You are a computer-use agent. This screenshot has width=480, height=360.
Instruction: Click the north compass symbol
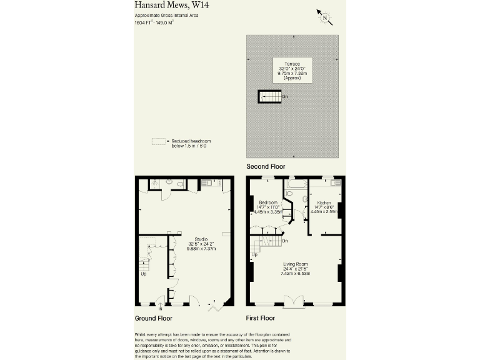(x=324, y=17)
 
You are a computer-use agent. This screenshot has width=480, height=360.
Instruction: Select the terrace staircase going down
(x=270, y=96)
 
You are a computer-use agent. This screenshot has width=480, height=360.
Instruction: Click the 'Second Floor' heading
(x=266, y=166)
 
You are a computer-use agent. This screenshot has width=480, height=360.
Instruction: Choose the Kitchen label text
(x=324, y=204)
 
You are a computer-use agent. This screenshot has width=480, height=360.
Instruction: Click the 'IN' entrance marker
(x=160, y=309)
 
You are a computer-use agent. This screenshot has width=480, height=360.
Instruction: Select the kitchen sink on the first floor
(x=336, y=182)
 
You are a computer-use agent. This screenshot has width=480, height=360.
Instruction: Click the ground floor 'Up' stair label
(x=144, y=274)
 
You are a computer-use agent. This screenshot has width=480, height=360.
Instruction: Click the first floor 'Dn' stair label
(x=284, y=241)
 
